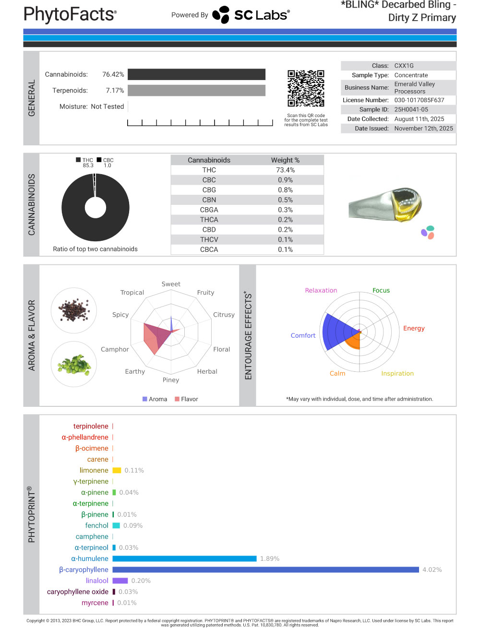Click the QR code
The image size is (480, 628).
(306, 88)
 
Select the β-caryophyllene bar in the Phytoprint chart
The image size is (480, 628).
(266, 569)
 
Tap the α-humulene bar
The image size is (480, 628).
(184, 558)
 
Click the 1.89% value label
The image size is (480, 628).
(270, 558)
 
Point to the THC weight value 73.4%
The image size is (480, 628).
(285, 170)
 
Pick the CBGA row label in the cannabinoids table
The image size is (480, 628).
(209, 210)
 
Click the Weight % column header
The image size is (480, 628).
(285, 160)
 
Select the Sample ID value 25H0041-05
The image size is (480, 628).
(411, 109)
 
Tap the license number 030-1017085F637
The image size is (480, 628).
(419, 100)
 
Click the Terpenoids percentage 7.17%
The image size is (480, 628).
(115, 90)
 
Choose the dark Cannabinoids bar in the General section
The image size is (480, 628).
(196, 74)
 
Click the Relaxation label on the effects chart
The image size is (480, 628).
(321, 290)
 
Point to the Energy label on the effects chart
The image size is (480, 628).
(414, 328)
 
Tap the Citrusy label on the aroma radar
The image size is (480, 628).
(224, 315)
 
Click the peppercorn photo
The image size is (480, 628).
(74, 310)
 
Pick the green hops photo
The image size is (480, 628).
(74, 364)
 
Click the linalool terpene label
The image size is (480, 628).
(97, 581)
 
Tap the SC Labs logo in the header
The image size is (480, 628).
(251, 15)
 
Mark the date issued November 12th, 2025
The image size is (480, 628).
(423, 128)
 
